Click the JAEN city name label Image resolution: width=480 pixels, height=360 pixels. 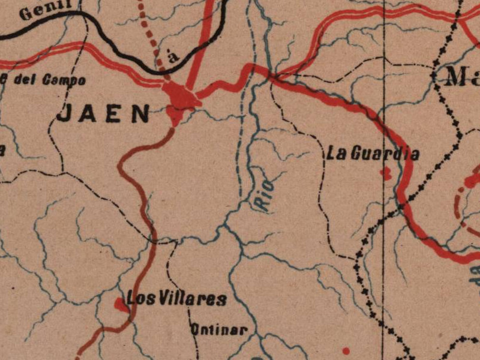click(x=103, y=113)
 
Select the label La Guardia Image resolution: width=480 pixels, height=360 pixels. click(x=372, y=154)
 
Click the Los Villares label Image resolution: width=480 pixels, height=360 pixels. click(x=176, y=298)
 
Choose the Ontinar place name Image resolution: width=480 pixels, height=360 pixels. click(x=218, y=329)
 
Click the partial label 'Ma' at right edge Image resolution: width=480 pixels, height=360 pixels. click(x=463, y=77)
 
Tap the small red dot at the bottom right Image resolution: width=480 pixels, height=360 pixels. click(x=346, y=350)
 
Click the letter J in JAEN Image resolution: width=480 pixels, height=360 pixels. click(x=64, y=113)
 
